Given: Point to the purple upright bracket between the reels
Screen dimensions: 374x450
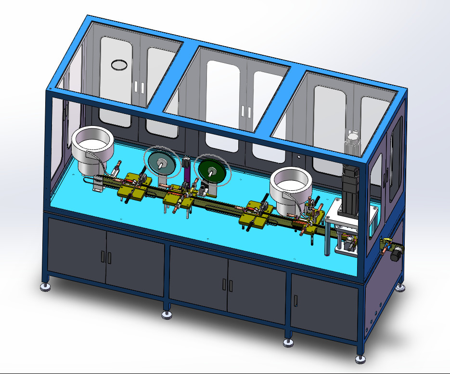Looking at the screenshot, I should pyautogui.click(x=187, y=170).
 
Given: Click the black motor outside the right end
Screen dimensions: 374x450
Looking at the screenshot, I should pyautogui.click(x=396, y=253).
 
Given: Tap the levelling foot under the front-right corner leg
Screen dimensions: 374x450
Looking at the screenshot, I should pyautogui.click(x=360, y=359).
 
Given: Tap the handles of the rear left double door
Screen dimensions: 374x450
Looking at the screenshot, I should pyautogui.click(x=139, y=87).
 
